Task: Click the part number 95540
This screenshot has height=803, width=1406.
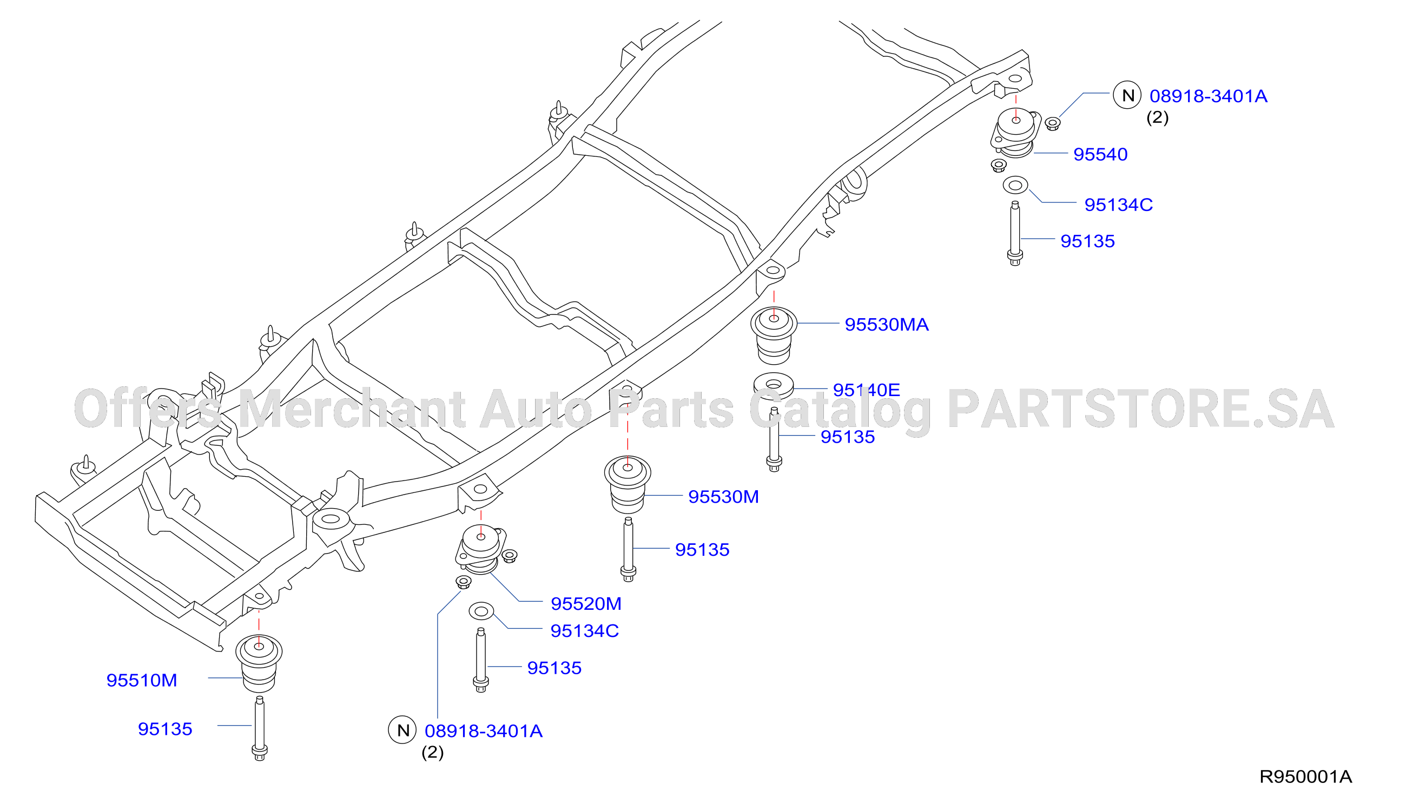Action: coord(1100,154)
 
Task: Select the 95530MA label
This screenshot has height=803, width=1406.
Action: coord(887,324)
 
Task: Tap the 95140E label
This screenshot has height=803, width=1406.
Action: coord(866,390)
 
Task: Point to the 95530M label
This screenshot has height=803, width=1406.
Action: coord(723,497)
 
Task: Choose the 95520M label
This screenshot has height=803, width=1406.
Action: coord(586,604)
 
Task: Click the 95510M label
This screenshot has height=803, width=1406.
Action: coord(142,681)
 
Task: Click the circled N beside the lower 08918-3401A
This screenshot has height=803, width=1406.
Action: coord(402,730)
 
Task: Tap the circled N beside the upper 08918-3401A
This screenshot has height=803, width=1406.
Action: coord(1127,95)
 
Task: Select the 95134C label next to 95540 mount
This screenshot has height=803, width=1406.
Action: coord(1118,205)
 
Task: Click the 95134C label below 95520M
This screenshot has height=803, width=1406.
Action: coord(584,631)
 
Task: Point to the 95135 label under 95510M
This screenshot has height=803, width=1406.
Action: coord(165,729)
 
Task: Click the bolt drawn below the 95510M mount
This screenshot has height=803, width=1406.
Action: coord(260,728)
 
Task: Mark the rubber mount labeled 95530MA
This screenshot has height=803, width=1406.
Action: coord(774,335)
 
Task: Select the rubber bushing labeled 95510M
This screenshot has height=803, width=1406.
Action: coord(259,663)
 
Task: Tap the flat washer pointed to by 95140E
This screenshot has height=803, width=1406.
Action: coord(774,385)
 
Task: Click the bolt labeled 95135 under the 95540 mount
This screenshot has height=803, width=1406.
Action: coord(1015,233)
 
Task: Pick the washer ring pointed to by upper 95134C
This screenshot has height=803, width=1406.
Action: coord(1015,185)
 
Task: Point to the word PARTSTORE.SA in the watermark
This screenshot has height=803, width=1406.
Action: coord(1140,409)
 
